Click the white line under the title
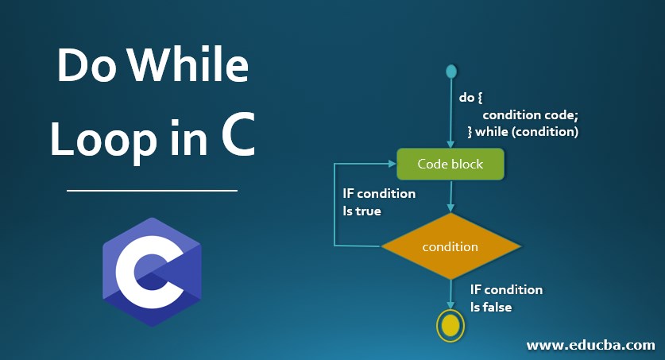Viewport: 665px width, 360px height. click(x=152, y=191)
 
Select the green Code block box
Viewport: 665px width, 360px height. click(x=450, y=165)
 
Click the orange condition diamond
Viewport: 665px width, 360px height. click(x=450, y=246)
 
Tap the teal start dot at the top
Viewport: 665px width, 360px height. click(x=451, y=72)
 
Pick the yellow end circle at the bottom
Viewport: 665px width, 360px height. click(x=450, y=324)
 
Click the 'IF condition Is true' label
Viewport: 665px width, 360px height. click(x=379, y=202)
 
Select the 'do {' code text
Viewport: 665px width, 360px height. click(x=471, y=98)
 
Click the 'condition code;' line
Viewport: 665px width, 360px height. click(x=530, y=114)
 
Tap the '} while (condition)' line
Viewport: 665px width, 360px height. click(x=522, y=131)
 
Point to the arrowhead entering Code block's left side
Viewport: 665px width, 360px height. click(x=392, y=165)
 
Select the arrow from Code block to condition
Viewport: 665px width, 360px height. click(x=450, y=197)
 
